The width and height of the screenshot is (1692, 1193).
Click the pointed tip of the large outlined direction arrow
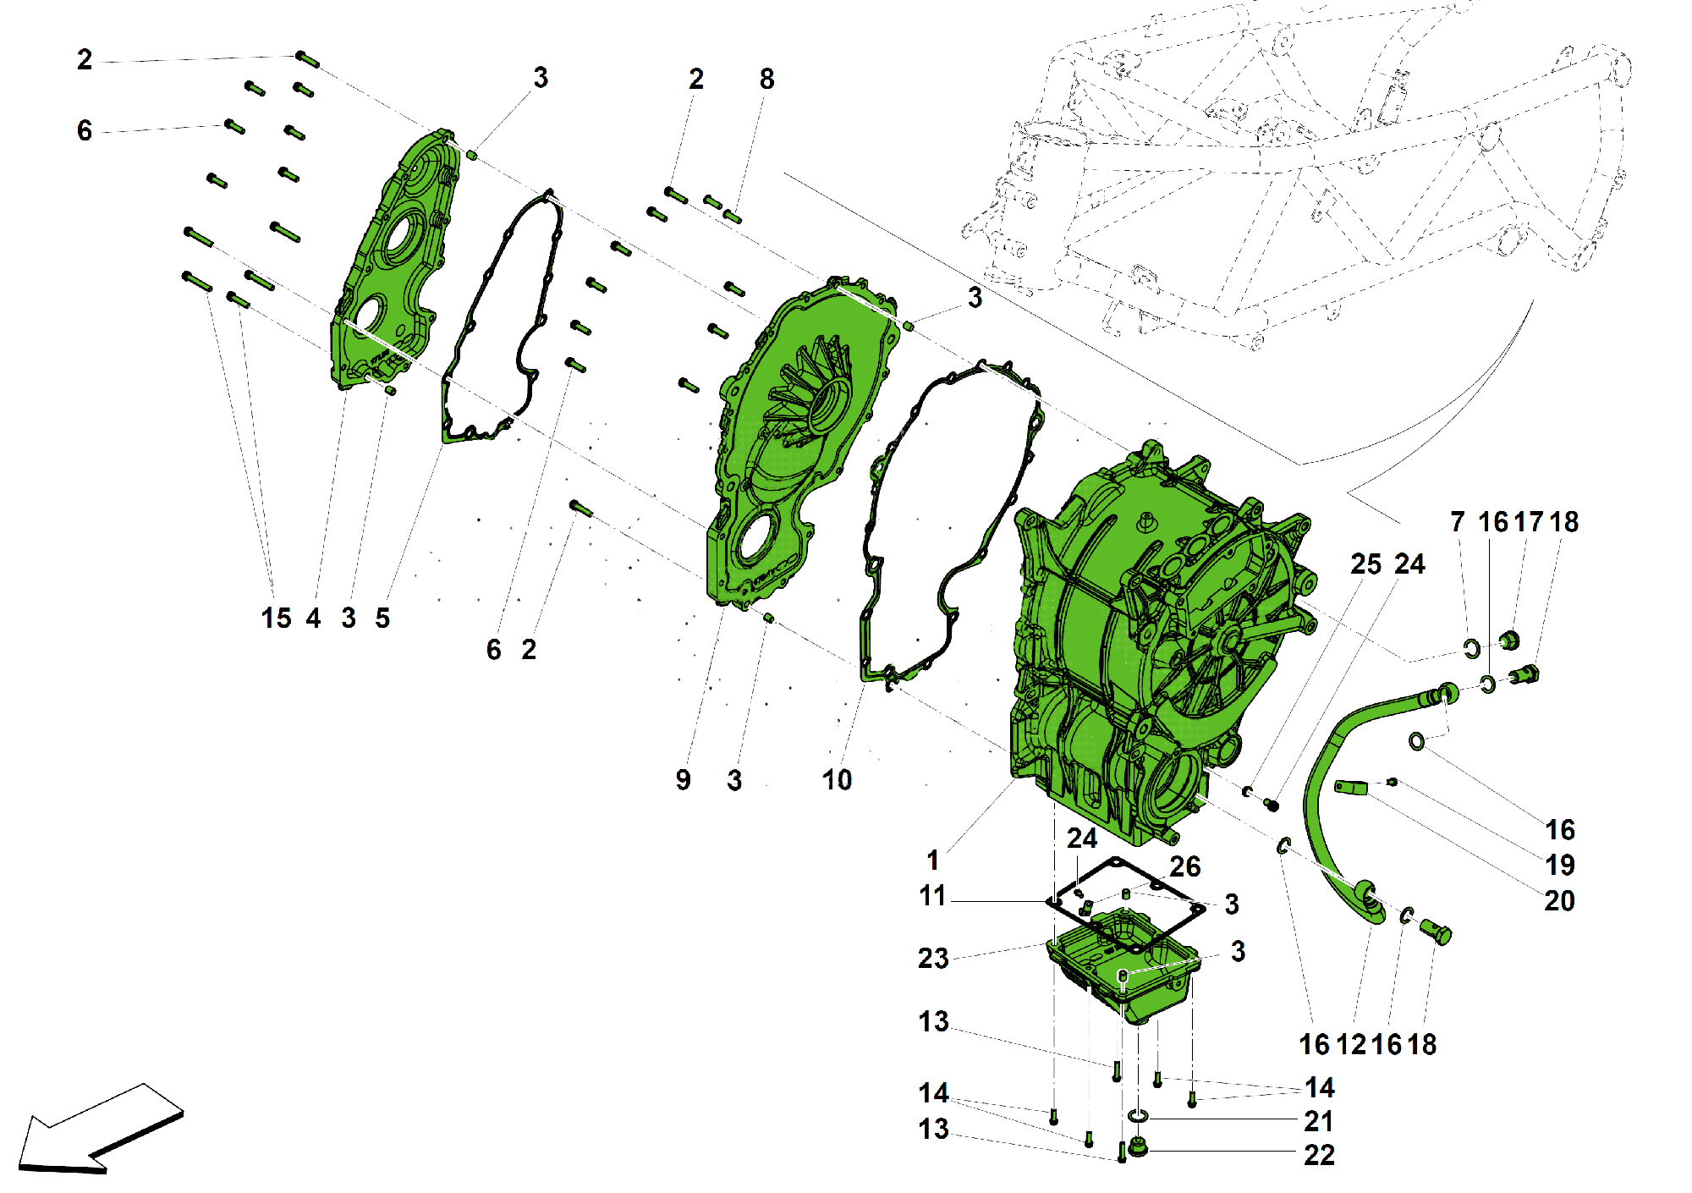(x=20, y=1167)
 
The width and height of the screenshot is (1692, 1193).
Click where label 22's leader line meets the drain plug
(x=1147, y=1151)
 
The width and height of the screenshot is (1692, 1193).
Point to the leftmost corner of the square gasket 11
(x=1047, y=902)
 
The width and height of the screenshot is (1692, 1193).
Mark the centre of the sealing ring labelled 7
(x=1472, y=649)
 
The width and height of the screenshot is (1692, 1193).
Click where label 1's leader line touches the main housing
(x=1014, y=780)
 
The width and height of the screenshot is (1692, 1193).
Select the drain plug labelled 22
(x=1139, y=1148)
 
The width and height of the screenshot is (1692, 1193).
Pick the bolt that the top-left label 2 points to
(x=307, y=59)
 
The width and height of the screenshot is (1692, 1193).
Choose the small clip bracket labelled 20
(x=1350, y=787)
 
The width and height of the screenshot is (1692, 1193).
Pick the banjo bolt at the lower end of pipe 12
(x=1437, y=932)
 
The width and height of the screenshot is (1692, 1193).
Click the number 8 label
(x=766, y=79)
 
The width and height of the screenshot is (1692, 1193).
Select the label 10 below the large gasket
(x=837, y=780)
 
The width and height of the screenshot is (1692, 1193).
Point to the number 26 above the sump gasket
(x=1185, y=866)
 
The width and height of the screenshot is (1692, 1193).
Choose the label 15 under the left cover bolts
(x=276, y=618)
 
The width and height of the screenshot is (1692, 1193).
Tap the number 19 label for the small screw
(x=1560, y=865)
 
